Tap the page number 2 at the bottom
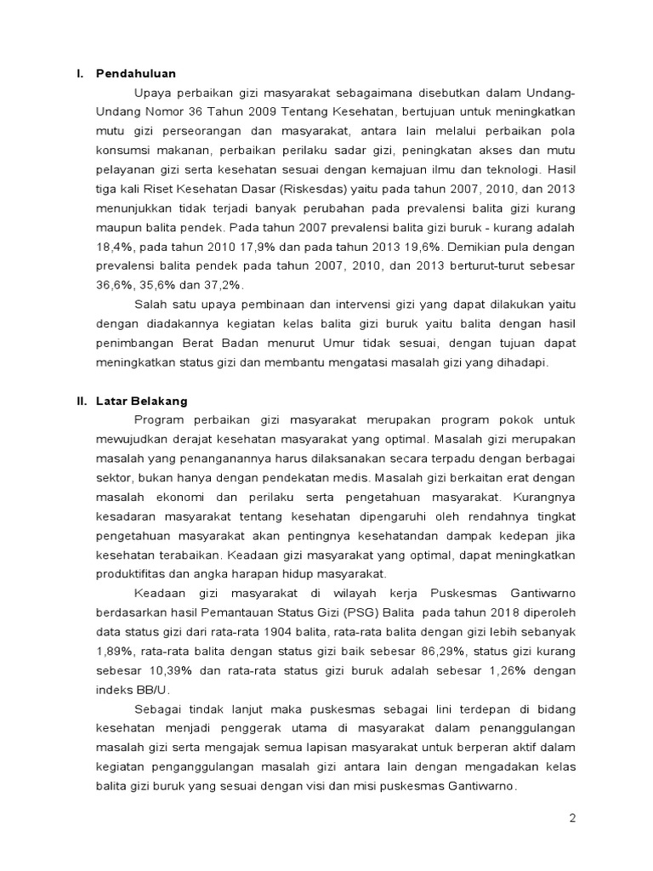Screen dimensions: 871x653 (x=572, y=818)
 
